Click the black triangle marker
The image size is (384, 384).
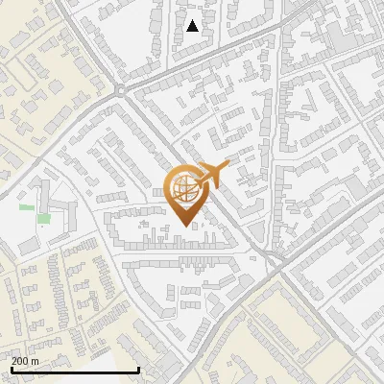point(193,26)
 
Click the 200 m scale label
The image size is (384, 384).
point(25,361)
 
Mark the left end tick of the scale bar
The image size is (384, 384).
point(12,369)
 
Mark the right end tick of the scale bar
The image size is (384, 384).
point(139,369)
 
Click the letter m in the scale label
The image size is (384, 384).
point(36,361)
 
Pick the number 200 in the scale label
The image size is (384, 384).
point(20,361)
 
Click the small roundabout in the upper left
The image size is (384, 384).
point(120,90)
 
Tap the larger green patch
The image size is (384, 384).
point(43,219)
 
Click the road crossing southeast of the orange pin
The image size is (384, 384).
point(276,259)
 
